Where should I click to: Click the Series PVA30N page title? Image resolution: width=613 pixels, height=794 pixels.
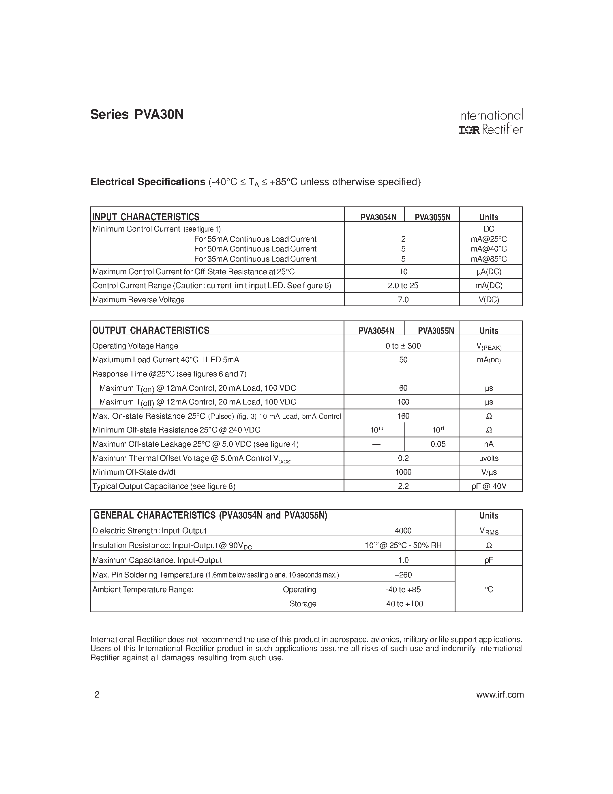[137, 115]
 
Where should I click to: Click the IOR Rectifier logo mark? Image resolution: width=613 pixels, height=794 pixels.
[469, 130]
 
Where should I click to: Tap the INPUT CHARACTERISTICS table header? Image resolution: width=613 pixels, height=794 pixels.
[146, 217]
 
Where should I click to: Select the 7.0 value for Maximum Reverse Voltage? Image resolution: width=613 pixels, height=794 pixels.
[403, 300]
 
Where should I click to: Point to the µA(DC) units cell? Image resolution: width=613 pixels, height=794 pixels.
[489, 272]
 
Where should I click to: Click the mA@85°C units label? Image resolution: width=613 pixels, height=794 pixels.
[489, 259]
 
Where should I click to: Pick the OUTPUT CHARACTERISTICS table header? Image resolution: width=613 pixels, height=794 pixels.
[151, 331]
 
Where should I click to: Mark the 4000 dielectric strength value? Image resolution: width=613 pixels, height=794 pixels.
[403, 531]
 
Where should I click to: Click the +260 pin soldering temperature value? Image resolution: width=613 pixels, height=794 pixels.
[403, 575]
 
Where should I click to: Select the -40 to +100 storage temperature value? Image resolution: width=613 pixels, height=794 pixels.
[403, 604]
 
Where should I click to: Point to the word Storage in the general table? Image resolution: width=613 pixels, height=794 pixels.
[303, 604]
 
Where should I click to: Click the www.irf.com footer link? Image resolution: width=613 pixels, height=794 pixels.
[500, 695]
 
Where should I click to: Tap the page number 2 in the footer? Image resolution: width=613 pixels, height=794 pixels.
[97, 695]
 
